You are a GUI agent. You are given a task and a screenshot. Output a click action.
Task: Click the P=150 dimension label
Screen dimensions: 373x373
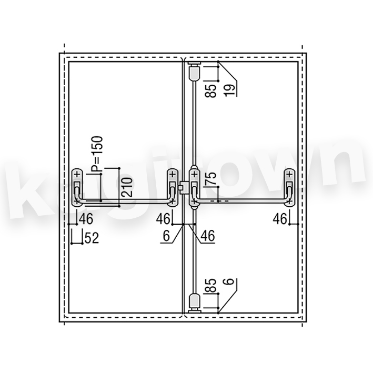click(97, 154)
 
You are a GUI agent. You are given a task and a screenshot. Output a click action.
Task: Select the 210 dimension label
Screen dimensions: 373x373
click(127, 187)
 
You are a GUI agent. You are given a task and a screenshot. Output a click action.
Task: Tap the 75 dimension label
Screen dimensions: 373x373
click(210, 178)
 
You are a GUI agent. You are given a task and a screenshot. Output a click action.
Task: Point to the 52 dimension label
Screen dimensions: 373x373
click(92, 238)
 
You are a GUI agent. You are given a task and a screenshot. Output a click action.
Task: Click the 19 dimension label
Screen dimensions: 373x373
click(230, 90)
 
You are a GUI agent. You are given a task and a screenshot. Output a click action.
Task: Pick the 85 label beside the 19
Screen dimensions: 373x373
click(211, 91)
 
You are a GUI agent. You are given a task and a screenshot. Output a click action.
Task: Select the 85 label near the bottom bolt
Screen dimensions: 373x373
click(210, 285)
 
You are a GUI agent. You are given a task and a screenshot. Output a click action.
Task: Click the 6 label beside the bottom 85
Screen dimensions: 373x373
click(229, 281)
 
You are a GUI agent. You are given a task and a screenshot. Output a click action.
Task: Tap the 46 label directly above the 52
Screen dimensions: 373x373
click(86, 219)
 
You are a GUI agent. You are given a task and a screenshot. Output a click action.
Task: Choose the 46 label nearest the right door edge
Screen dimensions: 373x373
click(280, 219)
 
